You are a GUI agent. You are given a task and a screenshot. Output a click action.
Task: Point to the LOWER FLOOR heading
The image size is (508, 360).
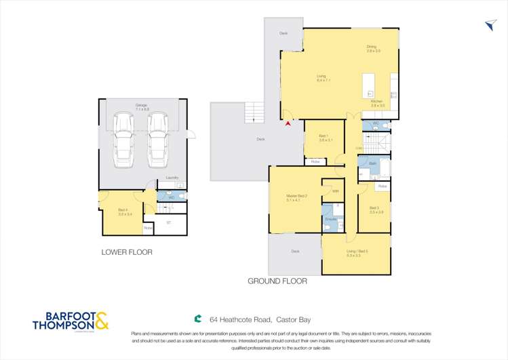point(126,252)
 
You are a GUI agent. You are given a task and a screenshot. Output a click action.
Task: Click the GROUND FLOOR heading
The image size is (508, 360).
point(277,281)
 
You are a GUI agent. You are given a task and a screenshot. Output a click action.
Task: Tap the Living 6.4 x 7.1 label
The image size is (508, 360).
point(322,78)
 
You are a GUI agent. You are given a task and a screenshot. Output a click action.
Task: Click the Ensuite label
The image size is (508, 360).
point(330,220)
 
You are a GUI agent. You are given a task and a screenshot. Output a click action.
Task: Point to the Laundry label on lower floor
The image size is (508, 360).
point(172,178)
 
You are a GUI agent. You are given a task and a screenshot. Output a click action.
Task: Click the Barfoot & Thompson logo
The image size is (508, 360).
point(71,321)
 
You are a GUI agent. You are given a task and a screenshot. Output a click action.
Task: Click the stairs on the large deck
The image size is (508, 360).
point(254,113)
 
